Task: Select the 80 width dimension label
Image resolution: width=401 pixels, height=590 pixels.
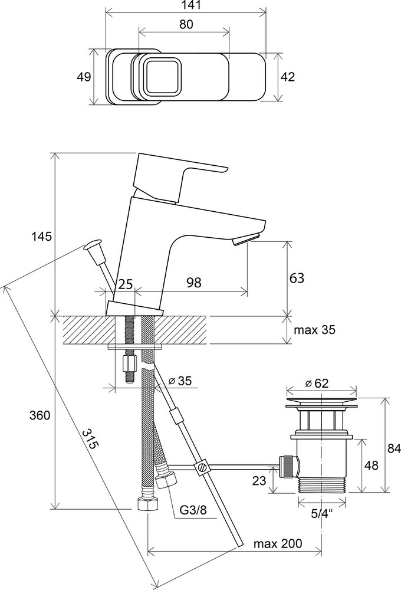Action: point(184,25)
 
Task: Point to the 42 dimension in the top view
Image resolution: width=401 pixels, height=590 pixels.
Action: point(287,77)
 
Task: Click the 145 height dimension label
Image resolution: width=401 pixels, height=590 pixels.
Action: point(42,236)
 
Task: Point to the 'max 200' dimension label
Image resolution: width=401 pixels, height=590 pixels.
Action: point(278,543)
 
